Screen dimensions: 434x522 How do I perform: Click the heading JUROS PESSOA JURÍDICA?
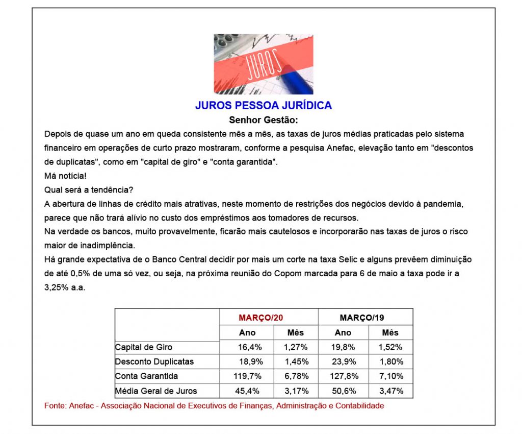click(x=263, y=106)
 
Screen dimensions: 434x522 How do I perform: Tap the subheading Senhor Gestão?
click(x=263, y=120)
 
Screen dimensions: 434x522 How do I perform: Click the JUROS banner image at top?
click(x=263, y=64)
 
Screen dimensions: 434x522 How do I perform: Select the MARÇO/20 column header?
click(x=260, y=318)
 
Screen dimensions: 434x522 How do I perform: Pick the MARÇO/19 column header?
click(x=362, y=318)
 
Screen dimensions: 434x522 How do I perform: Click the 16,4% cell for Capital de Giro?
click(x=247, y=347)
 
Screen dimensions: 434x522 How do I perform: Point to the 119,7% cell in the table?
click(x=247, y=376)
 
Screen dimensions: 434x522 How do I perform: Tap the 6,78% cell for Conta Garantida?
click(x=296, y=376)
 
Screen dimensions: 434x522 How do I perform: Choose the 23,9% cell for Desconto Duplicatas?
click(x=343, y=361)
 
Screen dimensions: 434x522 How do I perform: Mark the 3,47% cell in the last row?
click(x=390, y=391)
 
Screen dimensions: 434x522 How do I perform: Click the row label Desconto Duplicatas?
click(x=154, y=361)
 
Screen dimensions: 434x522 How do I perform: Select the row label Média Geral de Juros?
click(x=156, y=391)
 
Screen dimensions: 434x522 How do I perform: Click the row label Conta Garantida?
click(x=147, y=376)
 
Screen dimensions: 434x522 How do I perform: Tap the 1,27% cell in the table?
click(x=296, y=347)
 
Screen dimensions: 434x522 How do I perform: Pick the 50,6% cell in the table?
click(x=343, y=391)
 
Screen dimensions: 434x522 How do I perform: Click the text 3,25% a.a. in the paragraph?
click(x=65, y=287)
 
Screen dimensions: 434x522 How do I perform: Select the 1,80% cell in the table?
click(x=390, y=361)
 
